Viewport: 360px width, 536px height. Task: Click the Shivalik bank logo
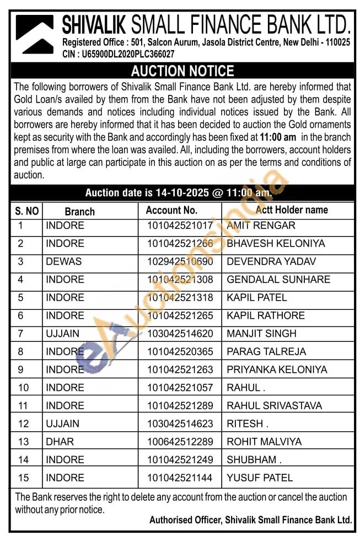coord(35,34)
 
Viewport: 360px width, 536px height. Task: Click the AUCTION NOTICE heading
coord(182,71)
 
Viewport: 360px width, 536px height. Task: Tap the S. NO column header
coord(26,211)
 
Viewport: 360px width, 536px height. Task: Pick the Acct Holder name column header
coord(292,210)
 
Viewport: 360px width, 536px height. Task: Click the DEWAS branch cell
coord(63,261)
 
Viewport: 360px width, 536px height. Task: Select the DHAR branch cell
coord(60,442)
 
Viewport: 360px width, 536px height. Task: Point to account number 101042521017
coord(179,226)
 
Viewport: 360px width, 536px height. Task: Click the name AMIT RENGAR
coord(261,226)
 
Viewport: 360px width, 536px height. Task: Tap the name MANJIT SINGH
coord(261,334)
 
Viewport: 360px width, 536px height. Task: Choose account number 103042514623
coord(179,424)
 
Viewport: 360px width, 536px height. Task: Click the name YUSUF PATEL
coord(260,478)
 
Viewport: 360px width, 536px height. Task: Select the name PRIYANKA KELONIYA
coord(277,369)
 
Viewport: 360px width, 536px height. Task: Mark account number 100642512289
coord(179,442)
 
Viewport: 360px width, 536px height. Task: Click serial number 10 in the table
coord(24,388)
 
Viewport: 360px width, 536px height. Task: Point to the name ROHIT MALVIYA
coord(264,442)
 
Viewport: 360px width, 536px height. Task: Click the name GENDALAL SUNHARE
coord(278,280)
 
